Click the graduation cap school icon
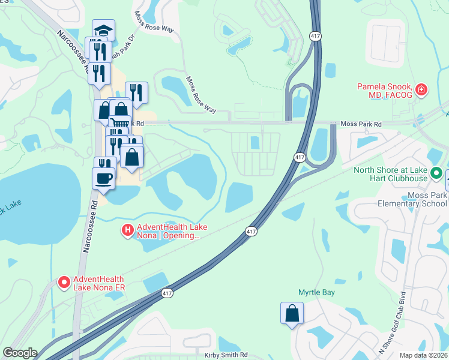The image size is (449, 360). (x=103, y=30)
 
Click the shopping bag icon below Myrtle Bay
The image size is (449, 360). (x=292, y=313)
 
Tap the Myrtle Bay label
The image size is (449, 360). (x=316, y=292)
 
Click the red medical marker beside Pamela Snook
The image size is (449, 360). (x=422, y=91)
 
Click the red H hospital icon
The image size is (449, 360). (x=127, y=230)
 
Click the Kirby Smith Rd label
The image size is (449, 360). (x=226, y=355)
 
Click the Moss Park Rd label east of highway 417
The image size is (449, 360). (x=361, y=124)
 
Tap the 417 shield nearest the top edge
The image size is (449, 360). (x=316, y=37)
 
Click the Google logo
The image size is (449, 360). (x=20, y=353)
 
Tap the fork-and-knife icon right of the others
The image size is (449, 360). (x=137, y=92)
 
